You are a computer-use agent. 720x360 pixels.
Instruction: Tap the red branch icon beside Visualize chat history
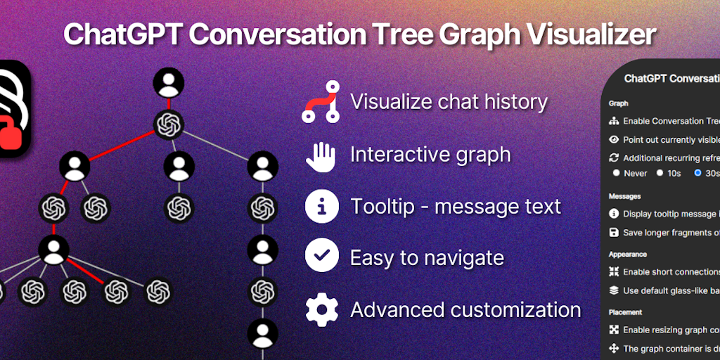tap(321, 103)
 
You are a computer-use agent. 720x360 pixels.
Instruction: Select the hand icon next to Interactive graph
tap(321, 155)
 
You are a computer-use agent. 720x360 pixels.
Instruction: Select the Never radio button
tap(617, 173)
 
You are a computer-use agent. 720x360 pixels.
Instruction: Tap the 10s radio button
tap(660, 173)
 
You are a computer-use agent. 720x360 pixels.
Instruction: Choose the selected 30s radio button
tap(697, 173)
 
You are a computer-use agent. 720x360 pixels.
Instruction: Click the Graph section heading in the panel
tap(619, 103)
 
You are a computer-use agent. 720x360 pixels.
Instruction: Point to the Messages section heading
tap(625, 196)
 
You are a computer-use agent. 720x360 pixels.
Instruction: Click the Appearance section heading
tap(628, 254)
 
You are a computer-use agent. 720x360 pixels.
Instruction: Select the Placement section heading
tap(626, 311)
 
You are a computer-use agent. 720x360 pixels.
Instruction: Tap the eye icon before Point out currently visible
tap(614, 140)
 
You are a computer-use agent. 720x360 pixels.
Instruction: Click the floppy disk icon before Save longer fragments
tap(614, 233)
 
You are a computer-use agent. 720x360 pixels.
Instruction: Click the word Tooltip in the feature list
tap(385, 207)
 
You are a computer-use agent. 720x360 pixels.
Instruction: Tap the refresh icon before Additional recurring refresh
tap(614, 158)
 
